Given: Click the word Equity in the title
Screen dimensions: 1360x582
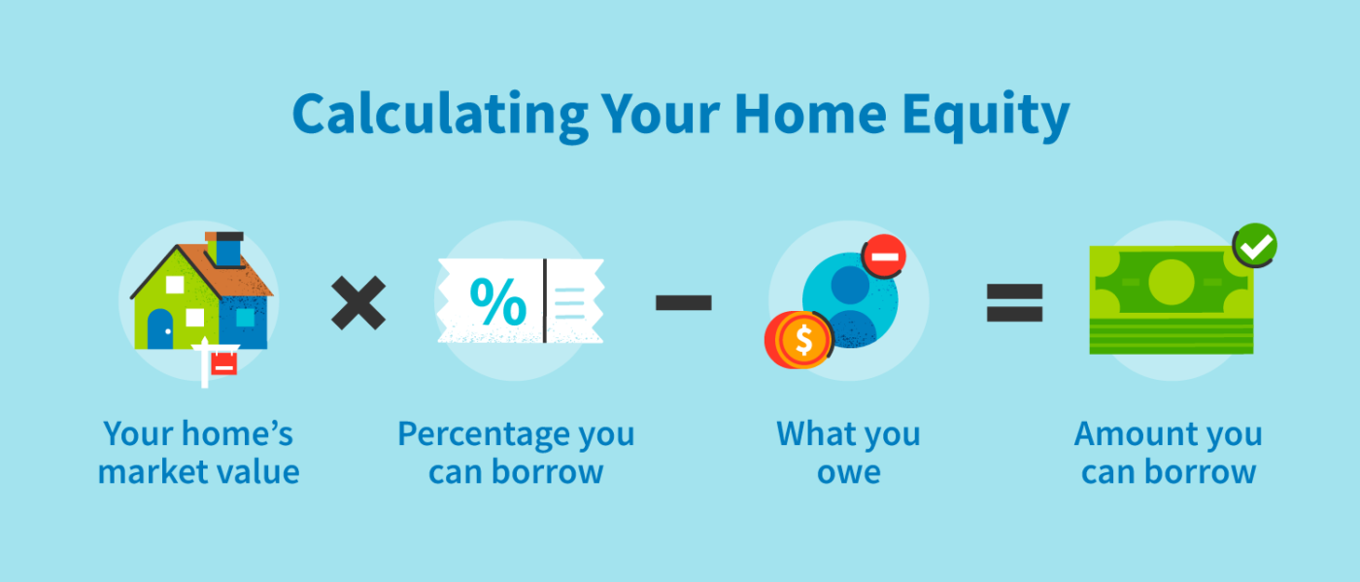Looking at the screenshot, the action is click(985, 116).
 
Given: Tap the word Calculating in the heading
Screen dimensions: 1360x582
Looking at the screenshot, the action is click(440, 116).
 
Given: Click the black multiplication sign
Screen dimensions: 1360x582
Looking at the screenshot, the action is click(358, 302).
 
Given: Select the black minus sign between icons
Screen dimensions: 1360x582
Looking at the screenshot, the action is click(684, 302).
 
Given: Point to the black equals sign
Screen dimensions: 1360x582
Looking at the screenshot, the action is click(1014, 302).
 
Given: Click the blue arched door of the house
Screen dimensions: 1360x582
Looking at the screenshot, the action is click(160, 329).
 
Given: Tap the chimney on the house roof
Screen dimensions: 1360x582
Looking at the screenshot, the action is click(224, 249).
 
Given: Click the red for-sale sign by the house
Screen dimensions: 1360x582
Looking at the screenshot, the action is click(223, 362).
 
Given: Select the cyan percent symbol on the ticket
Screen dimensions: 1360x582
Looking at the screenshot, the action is click(498, 302).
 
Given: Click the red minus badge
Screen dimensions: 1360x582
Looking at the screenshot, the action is click(884, 257).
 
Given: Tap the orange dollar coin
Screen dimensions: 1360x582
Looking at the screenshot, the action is click(799, 340).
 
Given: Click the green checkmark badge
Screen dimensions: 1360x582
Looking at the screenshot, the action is click(1255, 246).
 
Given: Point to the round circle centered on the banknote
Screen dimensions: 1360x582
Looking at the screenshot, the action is click(1172, 282).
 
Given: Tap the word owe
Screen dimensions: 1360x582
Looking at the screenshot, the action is click(849, 473).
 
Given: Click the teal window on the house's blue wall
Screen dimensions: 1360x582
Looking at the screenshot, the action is click(245, 318).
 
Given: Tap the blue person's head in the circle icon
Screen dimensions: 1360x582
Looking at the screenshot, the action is click(850, 285).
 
